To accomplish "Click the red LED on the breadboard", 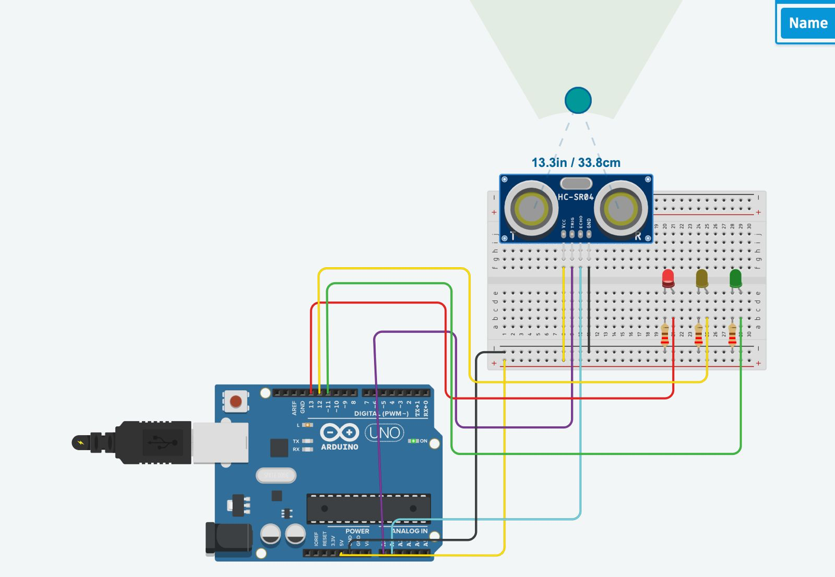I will click(668, 279).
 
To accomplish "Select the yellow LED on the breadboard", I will click(702, 279).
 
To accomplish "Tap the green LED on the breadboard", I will click(735, 279).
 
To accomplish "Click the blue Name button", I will click(807, 23).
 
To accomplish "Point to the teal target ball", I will click(578, 100).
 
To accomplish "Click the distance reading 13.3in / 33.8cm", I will click(576, 163).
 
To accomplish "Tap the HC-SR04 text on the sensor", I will click(576, 197).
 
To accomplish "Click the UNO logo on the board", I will click(385, 432).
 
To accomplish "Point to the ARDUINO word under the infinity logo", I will click(339, 447).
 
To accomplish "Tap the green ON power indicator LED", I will click(413, 441).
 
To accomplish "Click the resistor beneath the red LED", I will click(665, 335).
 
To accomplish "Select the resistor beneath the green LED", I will click(732, 335).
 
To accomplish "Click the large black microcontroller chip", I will click(368, 508).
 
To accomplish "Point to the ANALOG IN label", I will click(410, 531).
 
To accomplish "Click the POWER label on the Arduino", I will click(357, 531).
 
